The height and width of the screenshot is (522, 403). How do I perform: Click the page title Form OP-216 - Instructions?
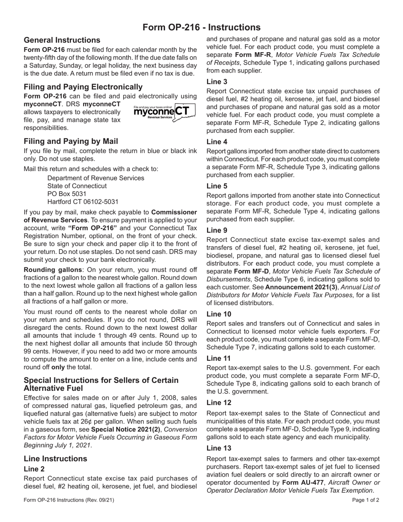(201, 28)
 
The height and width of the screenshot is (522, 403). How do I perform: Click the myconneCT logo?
(164, 112)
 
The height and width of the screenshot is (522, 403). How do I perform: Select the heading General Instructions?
(62, 40)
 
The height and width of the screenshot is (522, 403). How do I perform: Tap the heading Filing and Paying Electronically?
(83, 87)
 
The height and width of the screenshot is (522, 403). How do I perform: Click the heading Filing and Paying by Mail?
(71, 141)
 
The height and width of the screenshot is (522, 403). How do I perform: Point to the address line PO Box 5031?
(67, 194)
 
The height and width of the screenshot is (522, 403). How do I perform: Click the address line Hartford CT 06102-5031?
(83, 202)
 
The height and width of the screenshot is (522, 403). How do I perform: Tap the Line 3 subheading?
(217, 81)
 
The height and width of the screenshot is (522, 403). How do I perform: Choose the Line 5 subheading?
(217, 186)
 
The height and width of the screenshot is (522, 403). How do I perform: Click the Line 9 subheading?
(217, 230)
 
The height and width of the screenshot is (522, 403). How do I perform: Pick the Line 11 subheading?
(218, 359)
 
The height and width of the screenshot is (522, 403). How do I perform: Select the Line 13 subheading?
(218, 448)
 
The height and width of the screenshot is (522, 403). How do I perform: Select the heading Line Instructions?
(56, 459)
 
